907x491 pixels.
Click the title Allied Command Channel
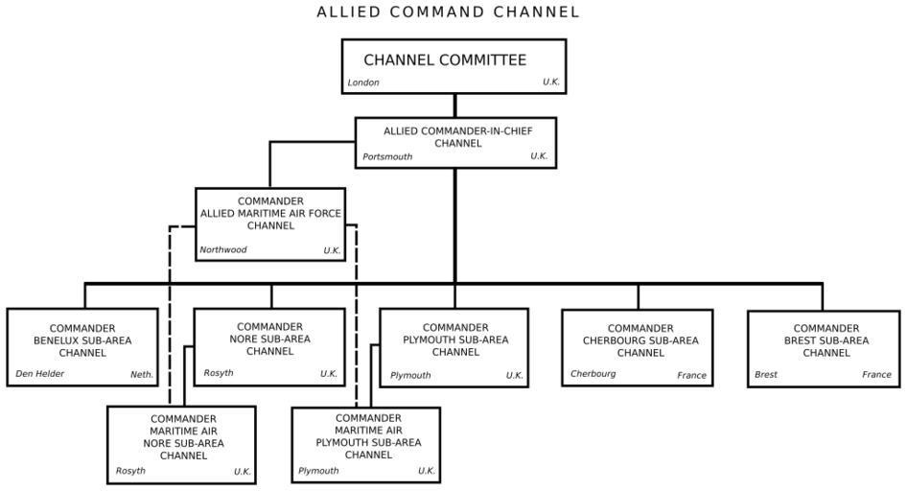pos(449,12)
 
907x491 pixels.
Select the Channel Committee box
pos(453,65)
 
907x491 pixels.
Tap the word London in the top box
pos(363,82)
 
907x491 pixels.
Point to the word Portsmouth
pos(387,156)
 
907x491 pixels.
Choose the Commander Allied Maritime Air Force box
pos(270,224)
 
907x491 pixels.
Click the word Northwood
pos(223,250)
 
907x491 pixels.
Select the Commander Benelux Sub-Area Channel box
pos(82,346)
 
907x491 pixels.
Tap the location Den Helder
pos(40,374)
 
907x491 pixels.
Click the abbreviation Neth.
pos(142,374)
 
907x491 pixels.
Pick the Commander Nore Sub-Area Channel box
pos(269,346)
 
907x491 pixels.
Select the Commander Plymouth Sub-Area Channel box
pos(454,346)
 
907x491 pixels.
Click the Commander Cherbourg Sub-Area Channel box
pos(638,347)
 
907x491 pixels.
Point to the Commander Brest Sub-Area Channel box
pos(824,347)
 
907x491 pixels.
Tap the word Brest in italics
pos(766,375)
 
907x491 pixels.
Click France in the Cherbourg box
pos(691,375)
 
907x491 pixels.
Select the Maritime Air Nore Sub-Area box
pos(181,445)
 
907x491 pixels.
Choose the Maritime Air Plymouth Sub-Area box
pos(365,445)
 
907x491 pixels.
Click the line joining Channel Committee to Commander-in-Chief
pos(454,105)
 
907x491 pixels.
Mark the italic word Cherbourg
pos(593,374)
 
